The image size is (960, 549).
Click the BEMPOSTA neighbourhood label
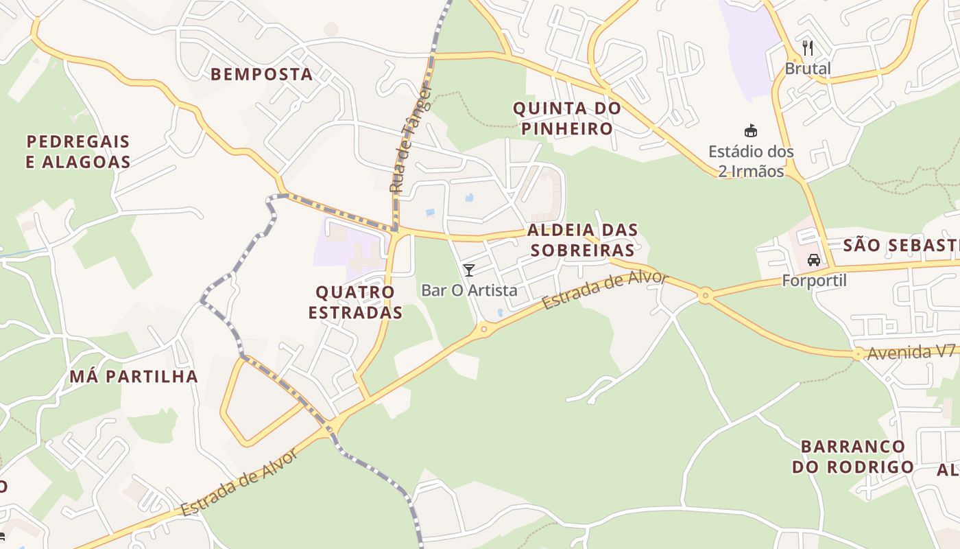click(x=261, y=74)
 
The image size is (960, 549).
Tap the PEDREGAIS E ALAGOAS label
click(x=78, y=152)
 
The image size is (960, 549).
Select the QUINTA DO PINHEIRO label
click(x=567, y=118)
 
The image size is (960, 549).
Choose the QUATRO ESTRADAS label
click(x=355, y=302)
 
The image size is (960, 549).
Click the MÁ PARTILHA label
click(x=134, y=376)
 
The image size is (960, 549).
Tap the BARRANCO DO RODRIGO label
click(x=853, y=456)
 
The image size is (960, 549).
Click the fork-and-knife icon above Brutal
click(x=808, y=48)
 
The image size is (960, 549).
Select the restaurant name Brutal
click(x=808, y=69)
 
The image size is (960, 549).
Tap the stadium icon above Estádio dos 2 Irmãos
click(x=751, y=130)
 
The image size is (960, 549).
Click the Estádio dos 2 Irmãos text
click(x=751, y=161)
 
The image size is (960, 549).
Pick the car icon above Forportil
click(x=814, y=260)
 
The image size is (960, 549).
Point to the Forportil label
click(x=815, y=281)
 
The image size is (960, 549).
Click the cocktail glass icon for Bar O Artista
click(x=469, y=270)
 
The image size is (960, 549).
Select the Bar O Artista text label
click(x=469, y=290)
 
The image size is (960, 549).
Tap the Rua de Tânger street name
click(x=410, y=139)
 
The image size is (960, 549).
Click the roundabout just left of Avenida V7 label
click(x=858, y=354)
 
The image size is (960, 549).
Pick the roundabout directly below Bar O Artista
click(x=484, y=329)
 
